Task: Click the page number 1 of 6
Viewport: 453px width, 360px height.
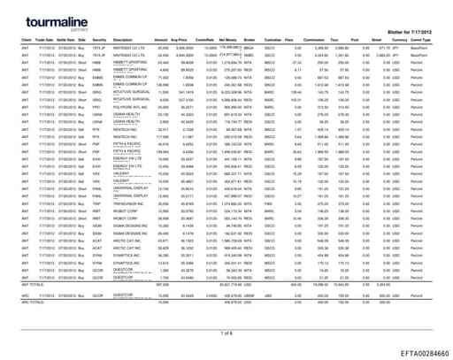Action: click(x=226, y=332)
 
